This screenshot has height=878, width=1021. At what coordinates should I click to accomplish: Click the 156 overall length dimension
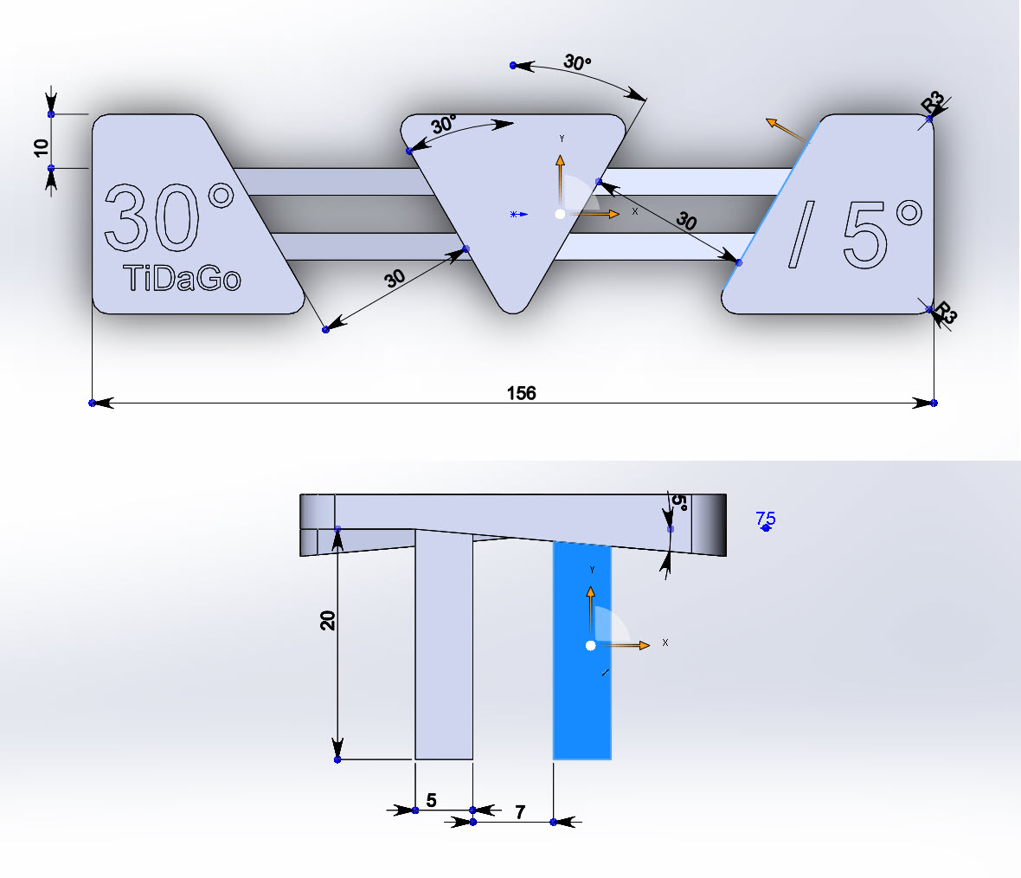click(521, 393)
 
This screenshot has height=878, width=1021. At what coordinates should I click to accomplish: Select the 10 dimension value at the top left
click(41, 148)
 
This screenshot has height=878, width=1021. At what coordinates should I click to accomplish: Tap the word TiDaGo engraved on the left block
click(182, 278)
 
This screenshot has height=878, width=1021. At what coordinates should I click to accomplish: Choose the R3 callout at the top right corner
click(933, 102)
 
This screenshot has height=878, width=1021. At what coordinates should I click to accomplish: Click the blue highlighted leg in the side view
click(582, 650)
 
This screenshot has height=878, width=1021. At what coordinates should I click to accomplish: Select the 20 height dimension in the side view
click(328, 621)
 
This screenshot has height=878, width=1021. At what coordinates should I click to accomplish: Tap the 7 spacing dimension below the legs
click(520, 812)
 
